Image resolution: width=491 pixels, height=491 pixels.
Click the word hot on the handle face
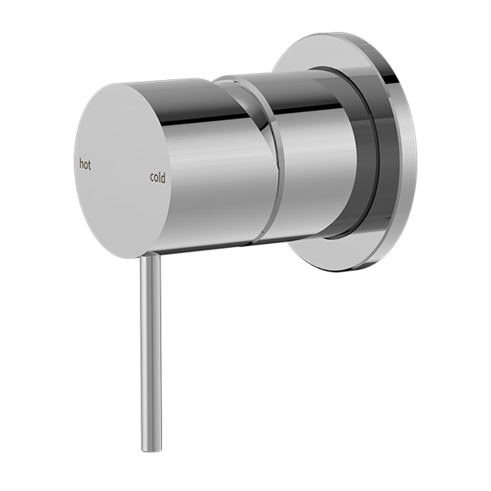[x=85, y=164]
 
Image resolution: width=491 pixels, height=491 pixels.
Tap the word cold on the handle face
[x=158, y=176]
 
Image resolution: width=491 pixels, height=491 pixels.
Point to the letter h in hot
[x=81, y=164]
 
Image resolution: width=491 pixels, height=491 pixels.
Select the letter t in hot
[x=90, y=164]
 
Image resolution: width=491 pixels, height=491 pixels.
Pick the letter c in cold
[x=151, y=177]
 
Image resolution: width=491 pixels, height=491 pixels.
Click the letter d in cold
[x=164, y=176]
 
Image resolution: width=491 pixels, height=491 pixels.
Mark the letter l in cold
[x=160, y=175]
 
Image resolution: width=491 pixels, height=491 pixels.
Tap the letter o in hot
[x=86, y=164]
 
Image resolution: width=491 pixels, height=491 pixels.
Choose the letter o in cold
[x=156, y=177]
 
